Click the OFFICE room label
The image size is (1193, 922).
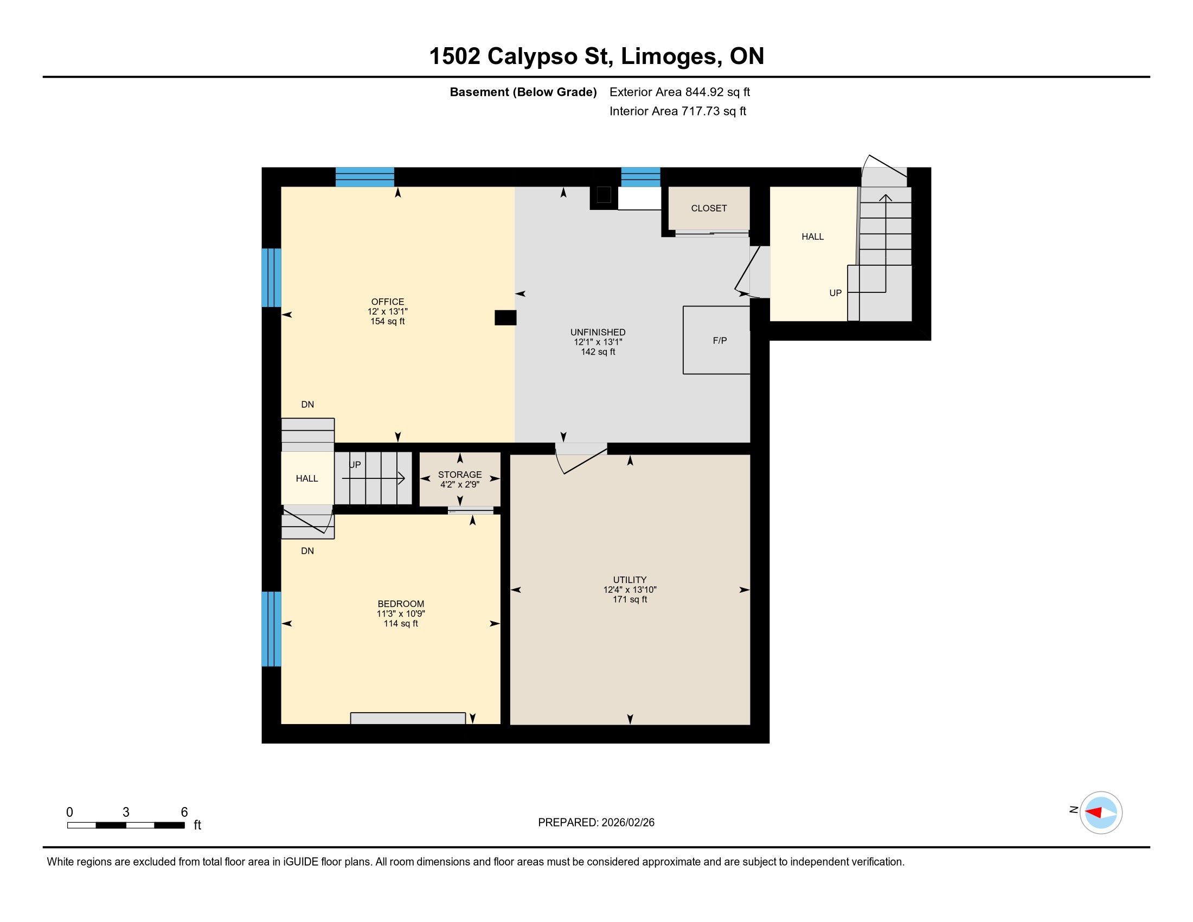pyautogui.click(x=387, y=302)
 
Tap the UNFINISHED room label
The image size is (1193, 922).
pyautogui.click(x=598, y=332)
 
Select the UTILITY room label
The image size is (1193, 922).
pyautogui.click(x=629, y=580)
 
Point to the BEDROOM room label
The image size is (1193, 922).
pyautogui.click(x=400, y=604)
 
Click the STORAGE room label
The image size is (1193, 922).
pyautogui.click(x=459, y=475)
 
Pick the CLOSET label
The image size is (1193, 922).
pyautogui.click(x=709, y=208)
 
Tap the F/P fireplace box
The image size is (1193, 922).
pyautogui.click(x=716, y=340)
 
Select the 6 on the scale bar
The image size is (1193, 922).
pyautogui.click(x=184, y=812)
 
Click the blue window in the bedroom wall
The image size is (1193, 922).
pyautogui.click(x=272, y=629)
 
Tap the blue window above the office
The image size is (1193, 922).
pyautogui.click(x=364, y=177)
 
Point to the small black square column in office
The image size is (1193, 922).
pyautogui.click(x=505, y=318)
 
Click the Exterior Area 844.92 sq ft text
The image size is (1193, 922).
pyautogui.click(x=679, y=92)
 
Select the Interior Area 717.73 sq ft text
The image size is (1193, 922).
pyautogui.click(x=677, y=111)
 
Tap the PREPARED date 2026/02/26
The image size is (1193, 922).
pyautogui.click(x=627, y=823)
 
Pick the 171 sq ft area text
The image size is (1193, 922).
pyautogui.click(x=629, y=599)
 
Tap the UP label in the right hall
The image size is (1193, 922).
pyautogui.click(x=835, y=293)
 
